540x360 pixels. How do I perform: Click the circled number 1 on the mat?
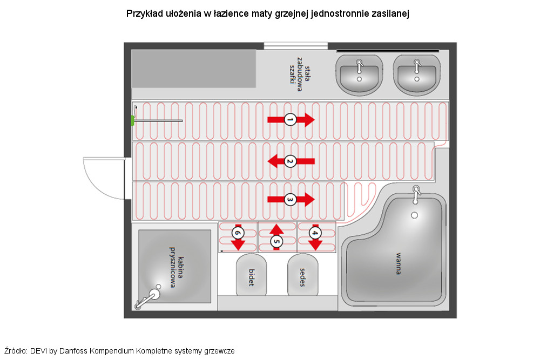tap(290, 120)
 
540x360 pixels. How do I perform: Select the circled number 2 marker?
tap(290, 161)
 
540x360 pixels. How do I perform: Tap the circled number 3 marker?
tap(290, 199)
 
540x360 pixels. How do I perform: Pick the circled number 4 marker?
tap(315, 233)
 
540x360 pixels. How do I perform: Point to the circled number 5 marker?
tap(276, 241)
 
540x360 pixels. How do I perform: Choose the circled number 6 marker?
tap(238, 233)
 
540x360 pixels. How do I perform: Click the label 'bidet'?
tap(252, 277)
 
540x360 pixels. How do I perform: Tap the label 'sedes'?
tap(302, 277)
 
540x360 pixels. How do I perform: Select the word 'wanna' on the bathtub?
tap(398, 263)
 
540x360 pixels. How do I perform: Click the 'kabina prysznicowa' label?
tap(177, 267)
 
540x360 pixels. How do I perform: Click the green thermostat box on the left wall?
tap(133, 120)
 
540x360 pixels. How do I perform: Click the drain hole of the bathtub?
tap(415, 215)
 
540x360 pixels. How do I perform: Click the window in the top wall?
tap(296, 46)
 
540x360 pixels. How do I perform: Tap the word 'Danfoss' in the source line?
tap(73, 351)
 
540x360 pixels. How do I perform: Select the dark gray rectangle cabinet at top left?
tap(194, 69)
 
